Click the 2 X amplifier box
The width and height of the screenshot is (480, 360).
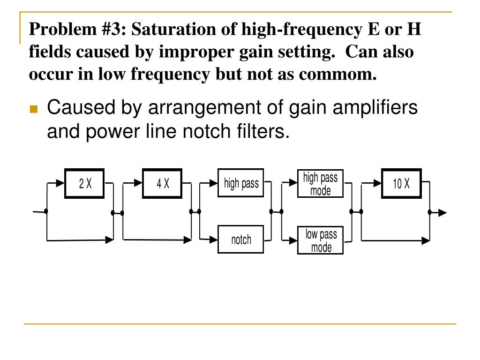tap(85, 184)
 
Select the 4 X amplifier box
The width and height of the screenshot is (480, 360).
tap(163, 184)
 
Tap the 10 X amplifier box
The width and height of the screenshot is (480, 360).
tap(401, 183)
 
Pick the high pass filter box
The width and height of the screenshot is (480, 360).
tap(241, 183)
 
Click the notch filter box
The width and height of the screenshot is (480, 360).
tap(241, 240)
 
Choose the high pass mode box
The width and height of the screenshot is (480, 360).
tap(321, 183)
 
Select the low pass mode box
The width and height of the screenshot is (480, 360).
tap(321, 240)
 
